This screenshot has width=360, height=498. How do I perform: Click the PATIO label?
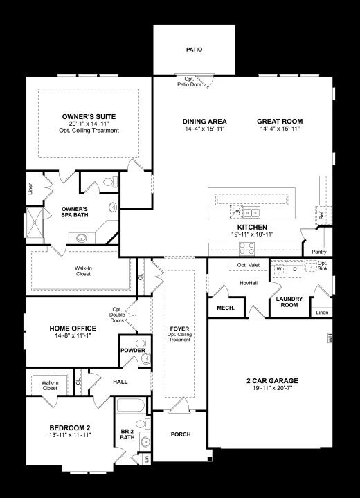194,50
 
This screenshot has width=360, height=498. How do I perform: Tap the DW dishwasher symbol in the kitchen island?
236,212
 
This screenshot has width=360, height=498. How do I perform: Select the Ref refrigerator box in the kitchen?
322,215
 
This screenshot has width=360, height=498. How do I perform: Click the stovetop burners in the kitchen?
246,248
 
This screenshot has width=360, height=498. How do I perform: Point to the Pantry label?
319,252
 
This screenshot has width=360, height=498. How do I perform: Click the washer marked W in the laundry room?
279,269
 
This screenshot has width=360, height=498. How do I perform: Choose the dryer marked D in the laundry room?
295,269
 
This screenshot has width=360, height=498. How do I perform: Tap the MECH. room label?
226,308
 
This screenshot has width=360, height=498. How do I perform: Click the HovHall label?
249,283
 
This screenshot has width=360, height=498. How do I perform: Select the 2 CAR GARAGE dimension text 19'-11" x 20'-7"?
272,388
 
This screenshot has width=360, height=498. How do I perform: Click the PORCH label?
181,434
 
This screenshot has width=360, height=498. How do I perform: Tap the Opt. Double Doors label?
117,315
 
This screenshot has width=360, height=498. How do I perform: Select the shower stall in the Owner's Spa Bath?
34,222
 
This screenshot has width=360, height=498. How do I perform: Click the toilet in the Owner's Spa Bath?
110,183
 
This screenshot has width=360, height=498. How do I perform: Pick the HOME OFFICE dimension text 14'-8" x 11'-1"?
73,335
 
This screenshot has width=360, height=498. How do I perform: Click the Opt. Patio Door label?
189,82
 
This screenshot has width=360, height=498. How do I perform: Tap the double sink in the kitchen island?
251,213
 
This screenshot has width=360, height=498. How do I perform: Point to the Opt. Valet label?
249,265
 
